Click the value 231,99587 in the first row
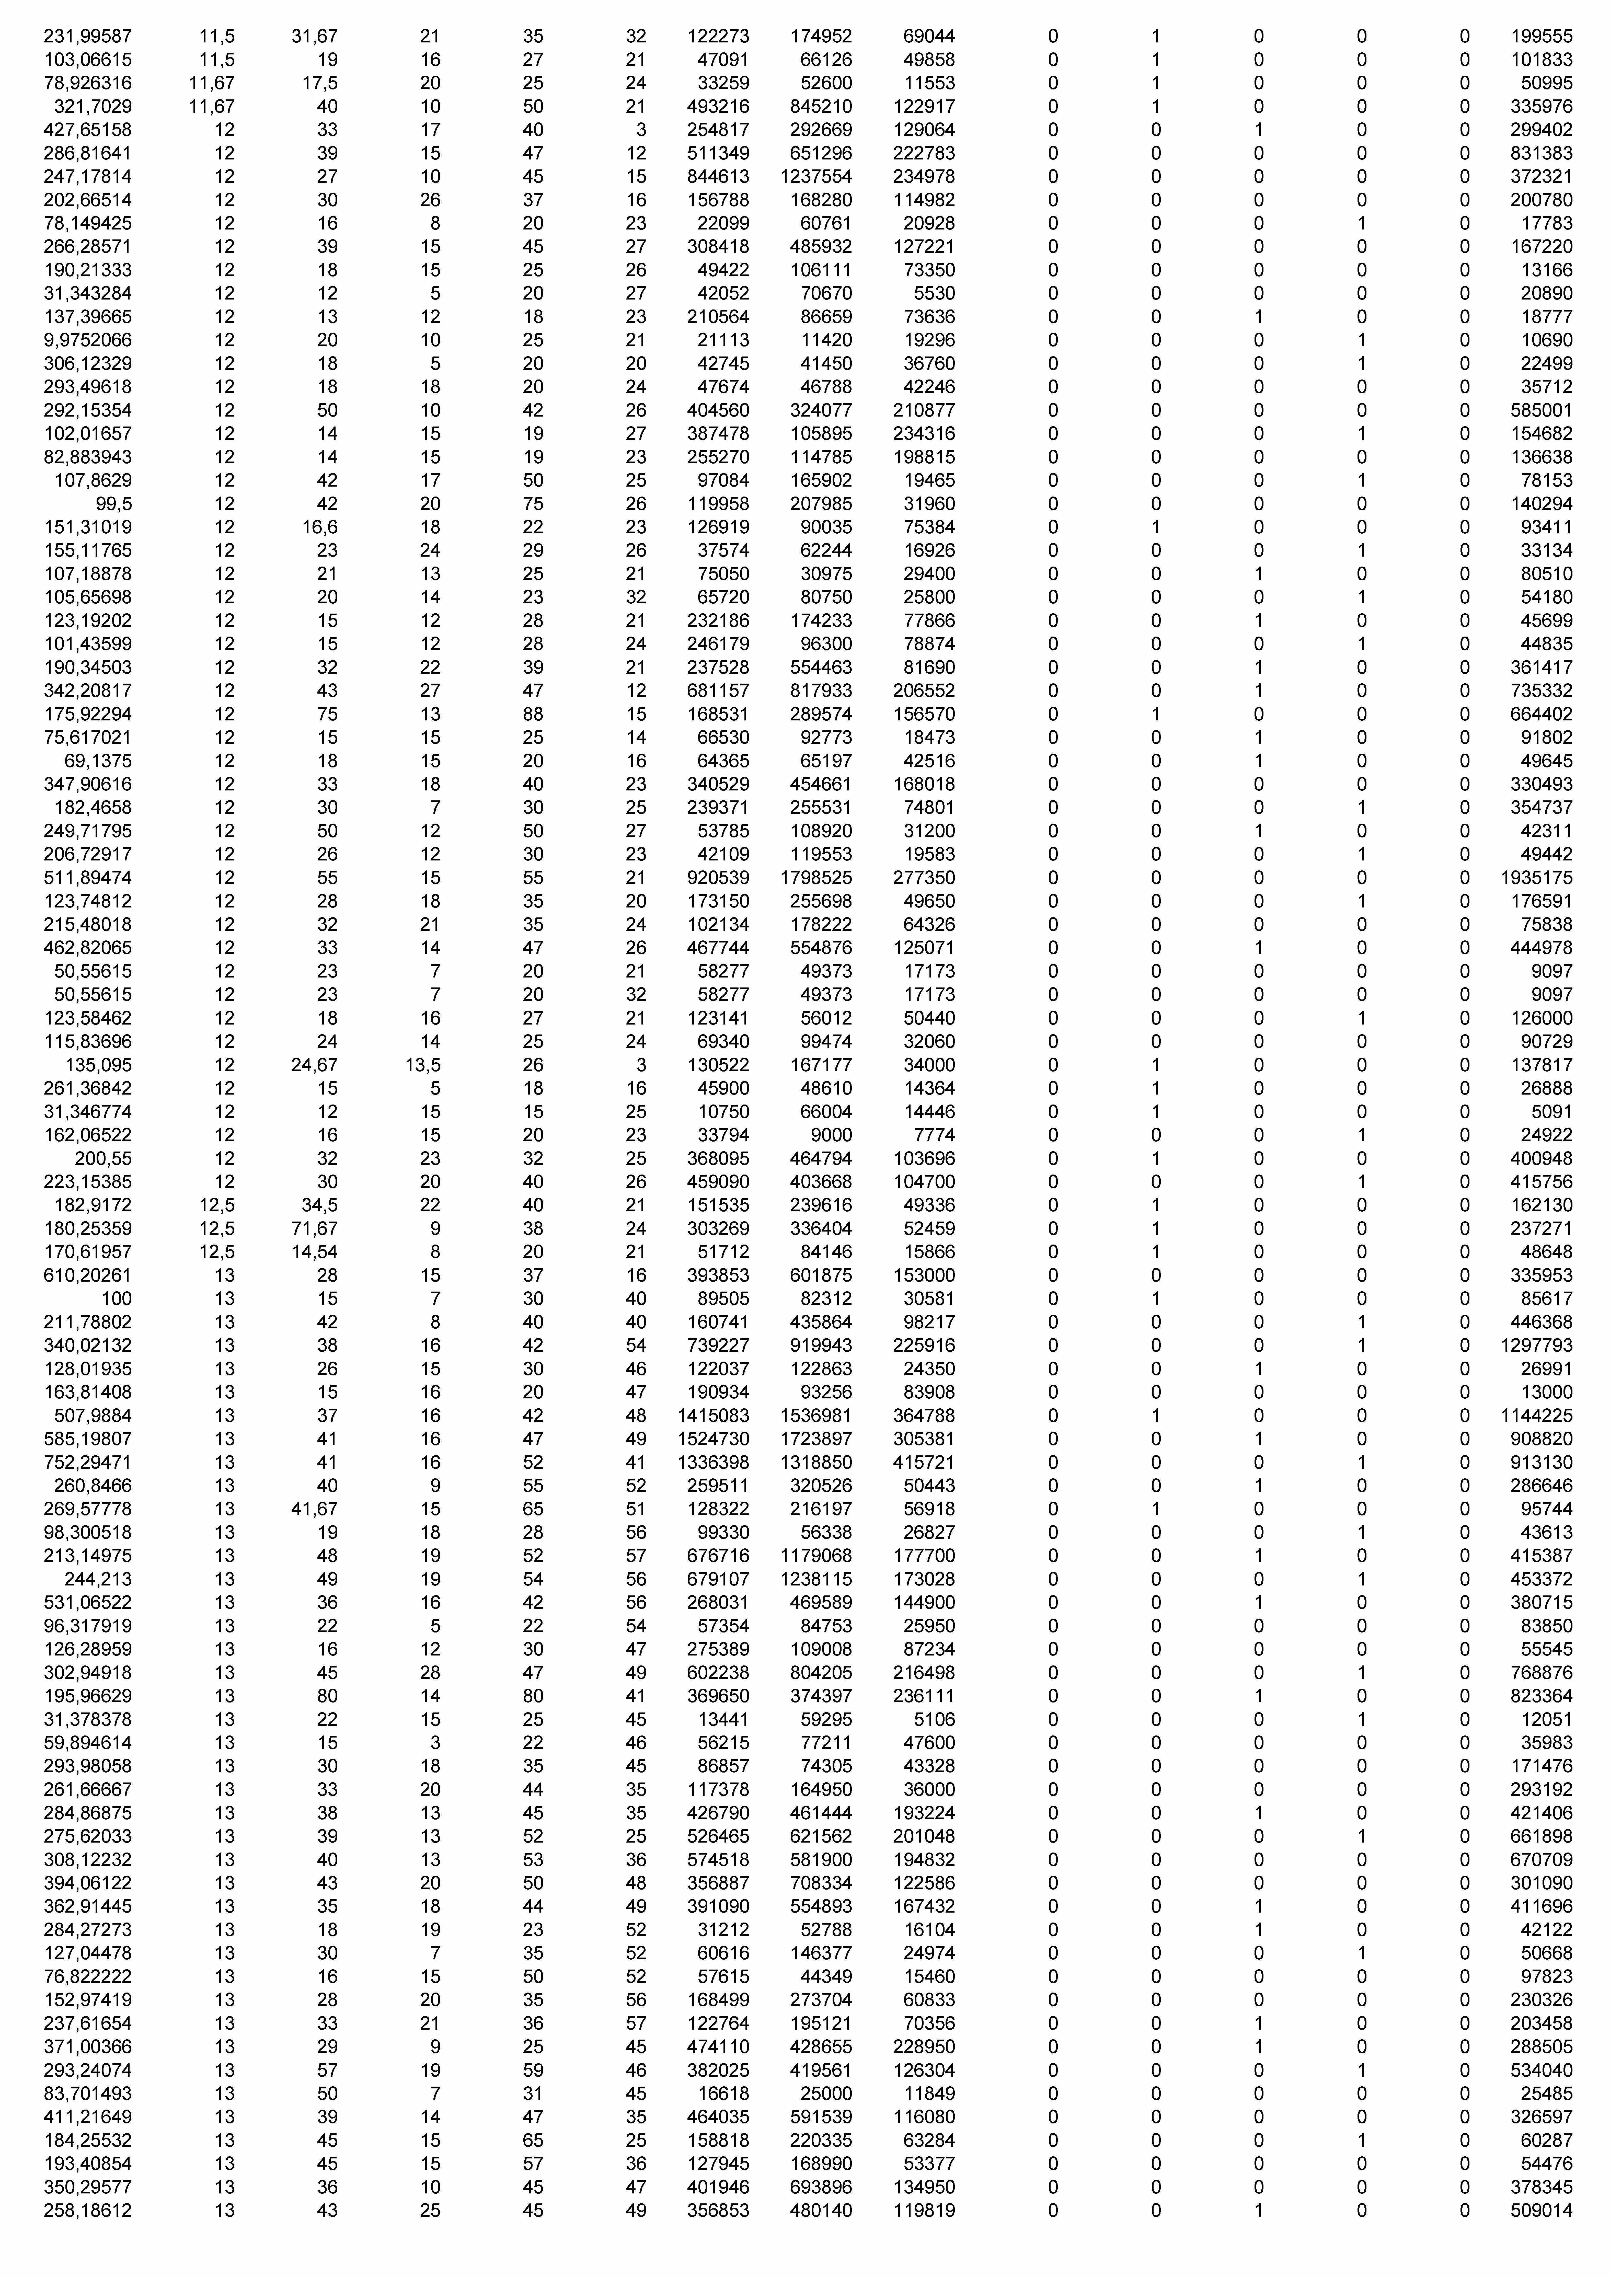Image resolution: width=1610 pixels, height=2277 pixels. point(87,37)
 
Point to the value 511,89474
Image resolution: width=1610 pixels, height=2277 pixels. point(87,878)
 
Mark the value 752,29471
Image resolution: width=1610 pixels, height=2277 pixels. point(87,1463)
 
